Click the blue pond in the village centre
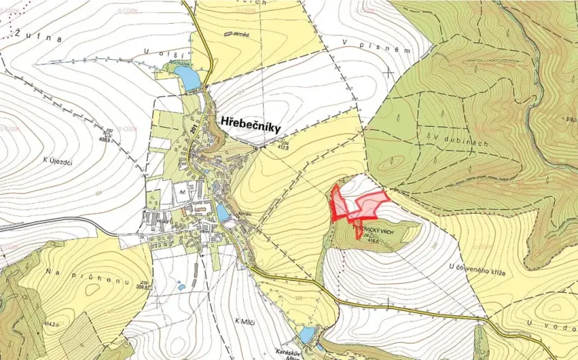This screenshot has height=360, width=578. click(x=223, y=212)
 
